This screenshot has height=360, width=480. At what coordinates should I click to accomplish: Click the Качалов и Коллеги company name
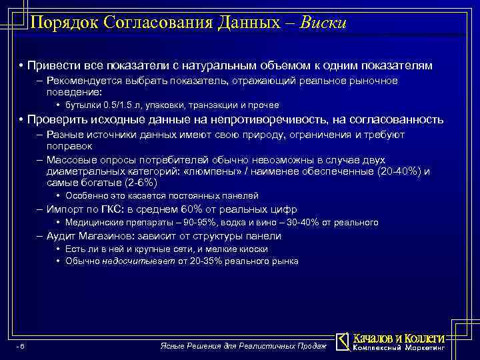[x=398, y=337]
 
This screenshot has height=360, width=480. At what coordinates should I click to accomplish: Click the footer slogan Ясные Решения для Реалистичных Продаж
[x=245, y=346]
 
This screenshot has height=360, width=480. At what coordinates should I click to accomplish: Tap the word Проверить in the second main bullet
[x=55, y=119]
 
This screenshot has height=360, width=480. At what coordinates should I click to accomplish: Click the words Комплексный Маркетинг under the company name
[x=398, y=348]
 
